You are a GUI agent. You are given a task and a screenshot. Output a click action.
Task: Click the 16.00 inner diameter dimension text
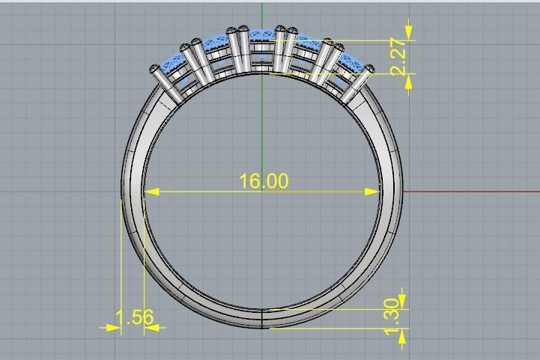tap(263, 181)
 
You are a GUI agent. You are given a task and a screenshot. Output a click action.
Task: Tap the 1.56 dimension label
tap(136, 317)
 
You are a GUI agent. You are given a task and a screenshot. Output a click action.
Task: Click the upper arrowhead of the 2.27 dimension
tap(408, 33)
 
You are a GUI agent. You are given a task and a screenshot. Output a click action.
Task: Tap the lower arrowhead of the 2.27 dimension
tap(408, 81)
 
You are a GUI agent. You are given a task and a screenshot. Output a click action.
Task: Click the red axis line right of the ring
tap(472, 192)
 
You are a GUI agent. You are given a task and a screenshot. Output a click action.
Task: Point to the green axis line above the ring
tap(262, 15)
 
